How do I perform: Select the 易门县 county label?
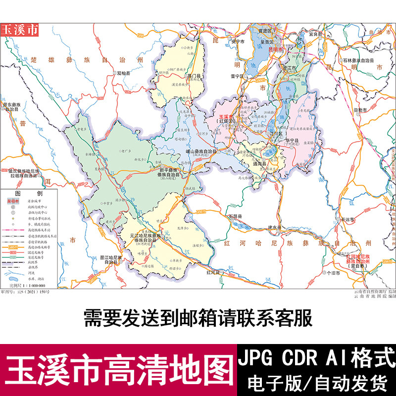click(x=195, y=76)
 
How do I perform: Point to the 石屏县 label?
click(x=236, y=216)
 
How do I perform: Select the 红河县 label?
click(x=216, y=272)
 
